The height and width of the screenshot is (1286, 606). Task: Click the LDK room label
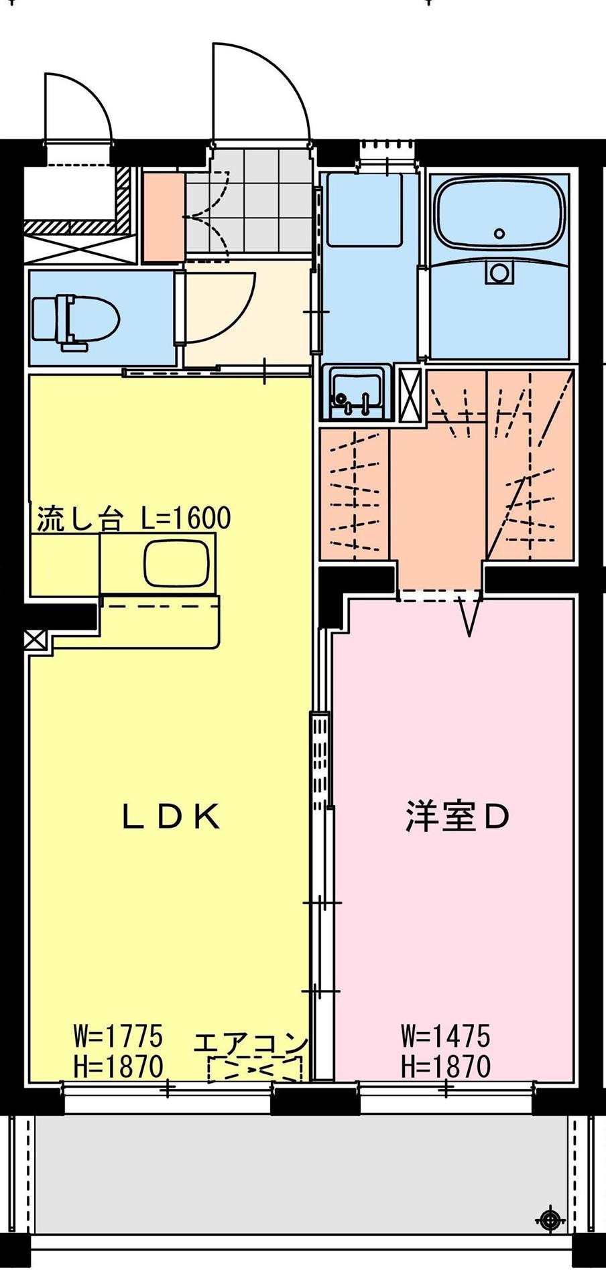pos(172,816)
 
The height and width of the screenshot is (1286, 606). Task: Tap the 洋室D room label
pos(458,816)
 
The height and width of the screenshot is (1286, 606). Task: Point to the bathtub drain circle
pos(499,233)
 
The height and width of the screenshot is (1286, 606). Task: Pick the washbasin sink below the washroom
pos(355,393)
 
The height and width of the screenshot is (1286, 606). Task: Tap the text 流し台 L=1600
pos(133,519)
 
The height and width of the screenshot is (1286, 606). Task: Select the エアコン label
pos(251,1044)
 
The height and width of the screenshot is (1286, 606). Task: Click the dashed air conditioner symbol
pos(255,1070)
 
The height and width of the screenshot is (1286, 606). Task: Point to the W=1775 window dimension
pos(118,1037)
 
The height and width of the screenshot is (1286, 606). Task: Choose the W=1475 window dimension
pos(445,1037)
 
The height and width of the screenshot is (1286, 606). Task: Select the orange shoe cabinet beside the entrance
pos(163,217)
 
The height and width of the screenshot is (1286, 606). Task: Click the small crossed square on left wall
pos(33,640)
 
